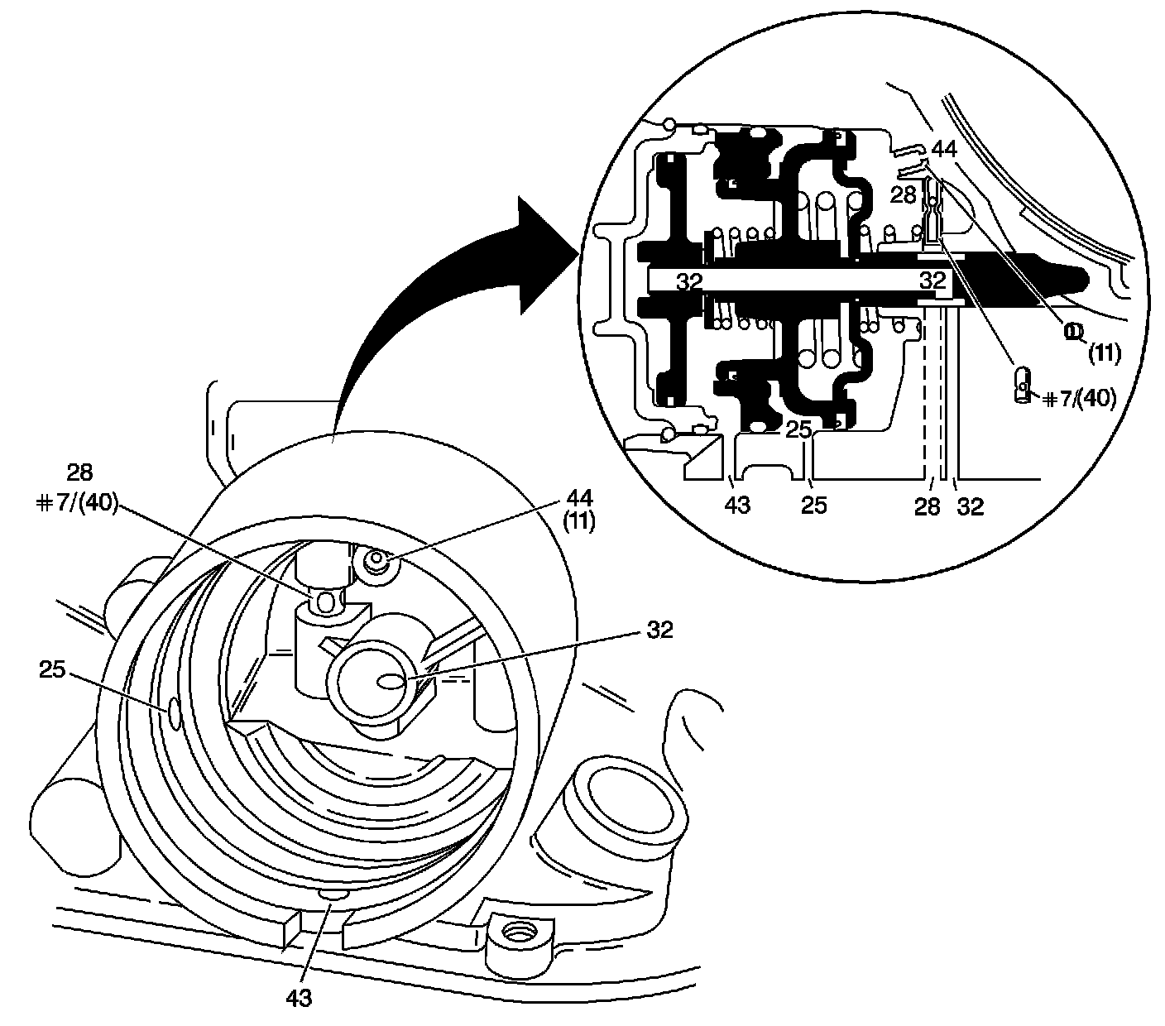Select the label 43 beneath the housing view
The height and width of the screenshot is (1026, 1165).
(x=299, y=999)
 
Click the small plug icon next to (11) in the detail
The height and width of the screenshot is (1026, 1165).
(x=1072, y=331)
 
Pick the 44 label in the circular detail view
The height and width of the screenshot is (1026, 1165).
(x=944, y=150)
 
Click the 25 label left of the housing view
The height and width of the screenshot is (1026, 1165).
(x=54, y=669)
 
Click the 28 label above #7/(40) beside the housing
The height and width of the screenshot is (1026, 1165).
(x=79, y=472)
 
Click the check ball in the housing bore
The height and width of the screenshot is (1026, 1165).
(x=327, y=602)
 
